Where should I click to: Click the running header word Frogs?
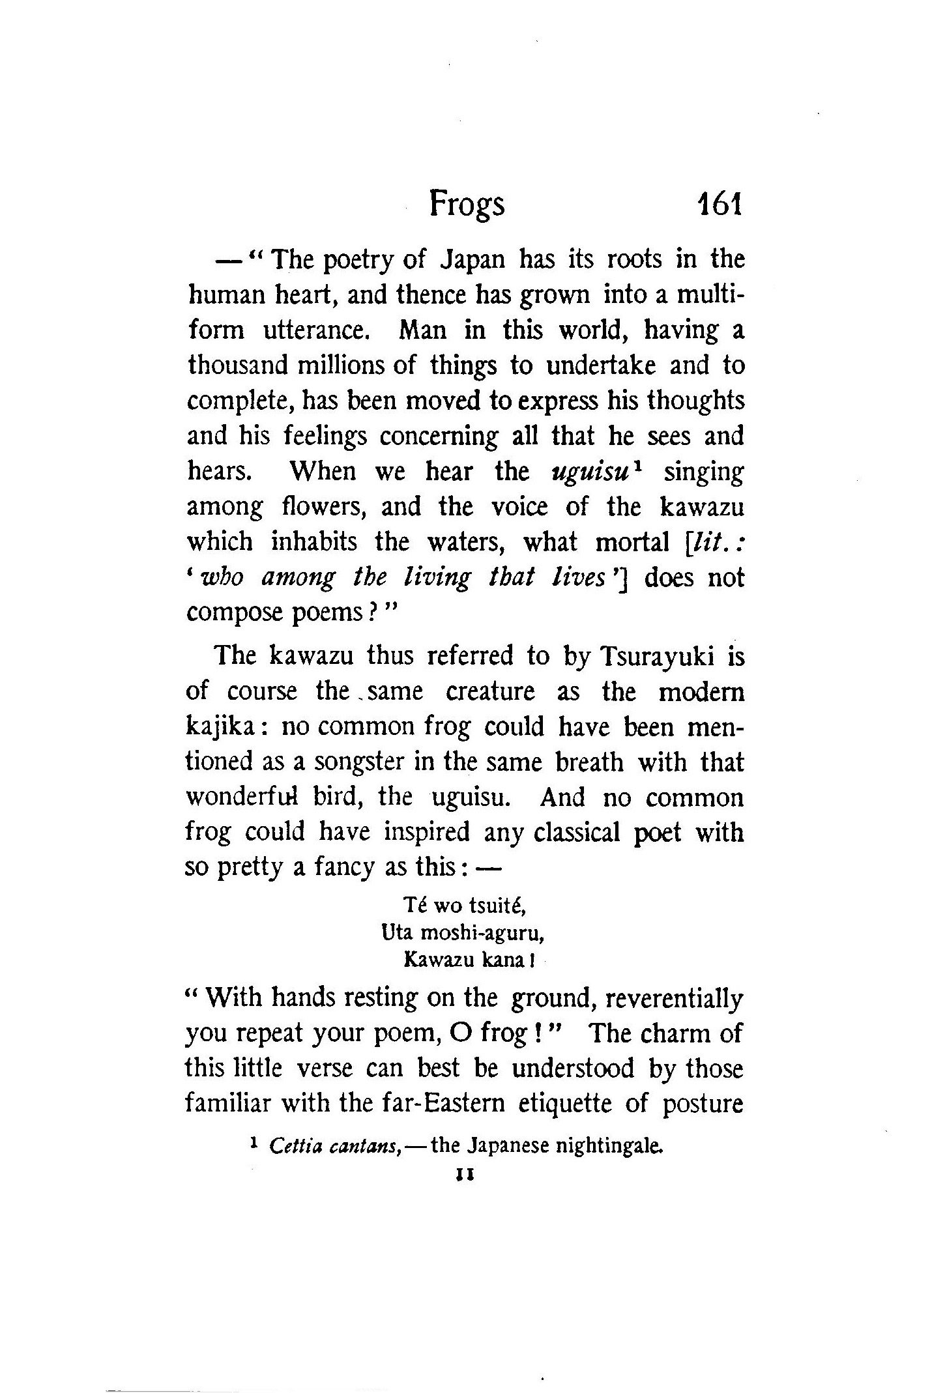click(467, 206)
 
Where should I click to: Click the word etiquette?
click(566, 1104)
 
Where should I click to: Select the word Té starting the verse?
click(415, 905)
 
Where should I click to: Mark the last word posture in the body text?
click(703, 1104)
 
